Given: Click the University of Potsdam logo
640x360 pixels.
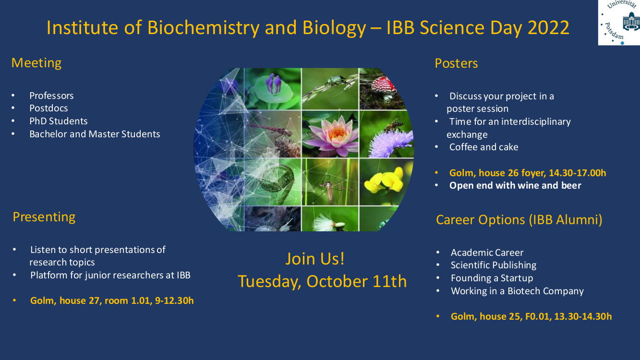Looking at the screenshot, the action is pos(619,22).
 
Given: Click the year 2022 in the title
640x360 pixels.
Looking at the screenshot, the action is pos(548,28).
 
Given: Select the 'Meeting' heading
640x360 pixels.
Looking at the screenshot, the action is pos(36,63).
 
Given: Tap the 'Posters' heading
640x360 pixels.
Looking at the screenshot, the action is pos(456,63).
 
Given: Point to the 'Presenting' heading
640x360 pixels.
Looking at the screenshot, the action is pos(44,217).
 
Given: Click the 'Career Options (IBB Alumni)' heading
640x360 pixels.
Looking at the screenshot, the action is pos(519,220).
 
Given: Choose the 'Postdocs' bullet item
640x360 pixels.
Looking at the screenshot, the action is pos(48,108).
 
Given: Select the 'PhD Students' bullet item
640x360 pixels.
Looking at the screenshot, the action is pos(58,121).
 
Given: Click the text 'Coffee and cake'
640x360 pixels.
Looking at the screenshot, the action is pos(483,147).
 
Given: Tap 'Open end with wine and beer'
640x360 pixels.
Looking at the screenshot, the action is pos(515,185).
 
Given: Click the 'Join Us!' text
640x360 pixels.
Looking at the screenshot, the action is pos(315,259).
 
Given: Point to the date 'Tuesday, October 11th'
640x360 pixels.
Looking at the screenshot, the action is pos(322,281).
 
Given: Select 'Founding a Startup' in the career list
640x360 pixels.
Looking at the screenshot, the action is pos(492,278).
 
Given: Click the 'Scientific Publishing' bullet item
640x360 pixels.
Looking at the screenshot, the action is pos(494,265).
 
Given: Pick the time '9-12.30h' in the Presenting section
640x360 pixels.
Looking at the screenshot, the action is pos(174,300).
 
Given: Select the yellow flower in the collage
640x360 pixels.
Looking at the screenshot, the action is pos(385,180).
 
